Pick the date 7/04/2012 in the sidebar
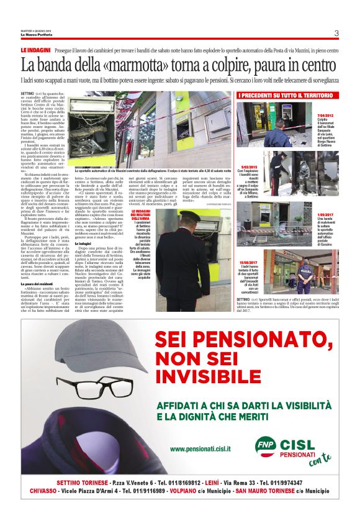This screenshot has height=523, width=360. point(257,116)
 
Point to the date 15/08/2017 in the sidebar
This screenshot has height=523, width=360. point(248,263)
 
